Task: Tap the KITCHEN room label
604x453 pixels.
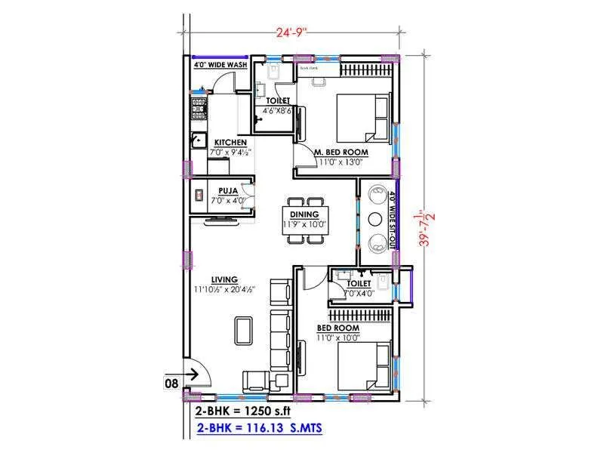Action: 230,143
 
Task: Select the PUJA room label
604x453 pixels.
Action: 228,191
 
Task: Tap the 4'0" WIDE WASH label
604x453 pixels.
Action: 220,66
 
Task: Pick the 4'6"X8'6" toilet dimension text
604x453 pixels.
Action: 273,110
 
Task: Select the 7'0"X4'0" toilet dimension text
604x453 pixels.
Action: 359,293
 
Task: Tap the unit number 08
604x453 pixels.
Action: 171,383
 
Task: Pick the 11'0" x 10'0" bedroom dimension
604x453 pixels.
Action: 337,337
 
